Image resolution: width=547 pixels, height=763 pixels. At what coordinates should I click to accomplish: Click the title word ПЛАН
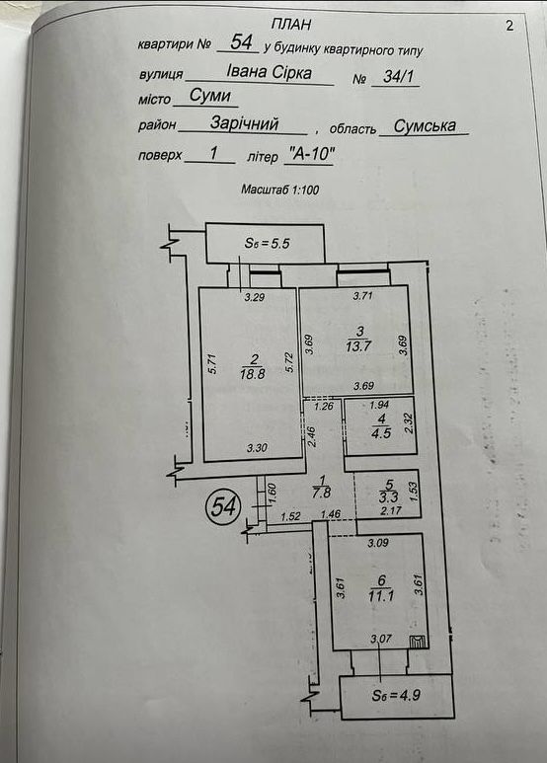[290, 24]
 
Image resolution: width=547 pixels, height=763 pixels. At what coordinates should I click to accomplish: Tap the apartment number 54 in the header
[241, 41]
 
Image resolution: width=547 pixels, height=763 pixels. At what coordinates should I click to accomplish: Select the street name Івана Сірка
[270, 72]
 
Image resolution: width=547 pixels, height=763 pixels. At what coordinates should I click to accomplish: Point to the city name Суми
[209, 95]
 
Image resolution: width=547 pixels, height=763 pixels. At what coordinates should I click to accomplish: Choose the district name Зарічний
[244, 123]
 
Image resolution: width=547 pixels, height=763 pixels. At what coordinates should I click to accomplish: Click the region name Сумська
[425, 126]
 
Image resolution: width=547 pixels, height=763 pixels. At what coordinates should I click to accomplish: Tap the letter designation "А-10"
[311, 155]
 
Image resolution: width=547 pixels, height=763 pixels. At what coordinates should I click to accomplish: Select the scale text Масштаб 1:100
[279, 190]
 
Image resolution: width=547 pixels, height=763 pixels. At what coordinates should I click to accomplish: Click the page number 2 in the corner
[509, 26]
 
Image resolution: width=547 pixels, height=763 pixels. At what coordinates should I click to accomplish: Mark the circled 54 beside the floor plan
[224, 507]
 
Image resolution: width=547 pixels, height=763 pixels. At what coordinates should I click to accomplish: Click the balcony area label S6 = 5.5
[267, 243]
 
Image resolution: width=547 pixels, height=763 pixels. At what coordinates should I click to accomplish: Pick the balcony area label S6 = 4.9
[396, 695]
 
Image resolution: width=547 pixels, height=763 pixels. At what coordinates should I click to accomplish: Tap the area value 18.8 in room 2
[252, 374]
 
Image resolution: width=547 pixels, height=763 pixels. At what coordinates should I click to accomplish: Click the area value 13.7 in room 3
[359, 346]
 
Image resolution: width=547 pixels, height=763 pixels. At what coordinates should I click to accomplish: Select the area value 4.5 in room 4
[381, 432]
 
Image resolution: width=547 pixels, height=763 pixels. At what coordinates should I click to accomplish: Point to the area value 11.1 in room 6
[381, 595]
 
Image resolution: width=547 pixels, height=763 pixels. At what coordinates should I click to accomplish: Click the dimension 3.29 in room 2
[254, 297]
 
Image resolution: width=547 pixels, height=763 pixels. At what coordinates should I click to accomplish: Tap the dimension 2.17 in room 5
[391, 510]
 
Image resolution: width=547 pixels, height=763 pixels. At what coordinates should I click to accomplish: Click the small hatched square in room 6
[418, 643]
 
